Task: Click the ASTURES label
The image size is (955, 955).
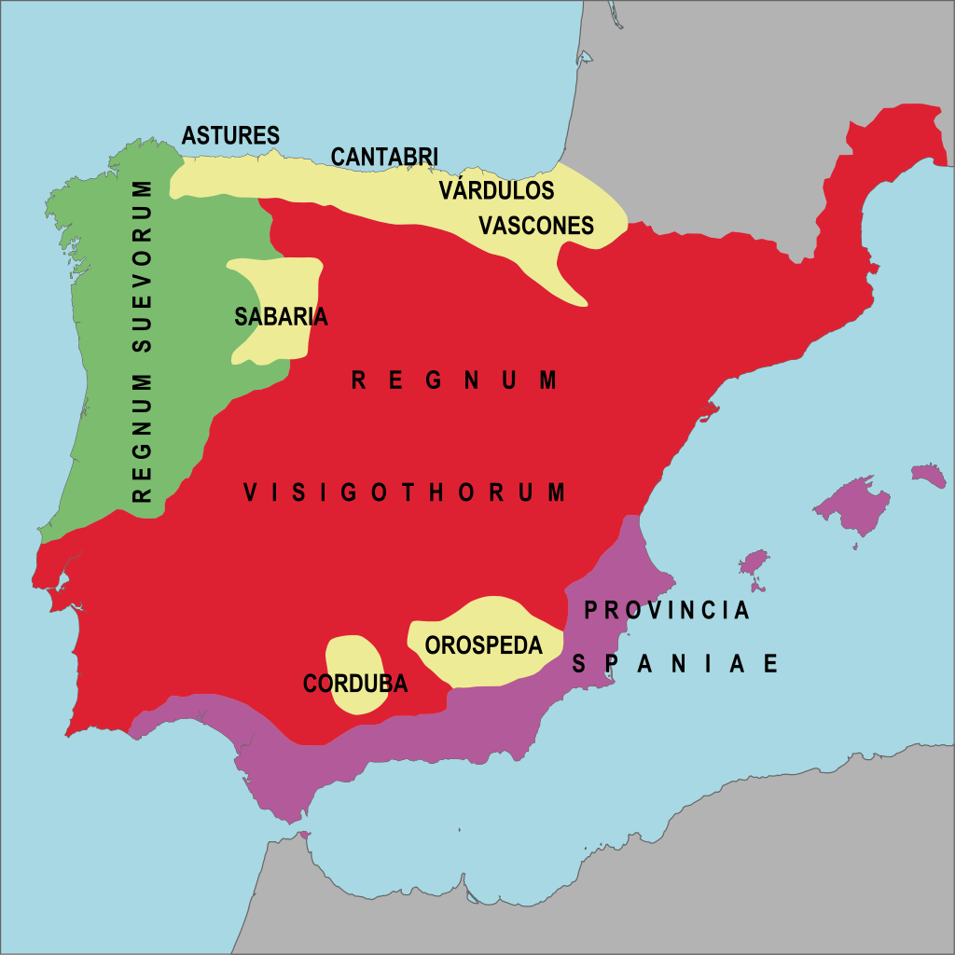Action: (x=230, y=135)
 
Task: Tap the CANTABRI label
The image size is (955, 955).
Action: (x=384, y=157)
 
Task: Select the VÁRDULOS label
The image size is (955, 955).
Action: (x=496, y=191)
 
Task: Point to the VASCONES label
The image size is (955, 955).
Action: (x=536, y=226)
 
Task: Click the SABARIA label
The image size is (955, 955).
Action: (x=281, y=316)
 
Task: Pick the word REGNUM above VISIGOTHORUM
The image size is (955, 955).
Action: (x=454, y=381)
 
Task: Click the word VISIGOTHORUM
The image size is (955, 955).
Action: (x=405, y=493)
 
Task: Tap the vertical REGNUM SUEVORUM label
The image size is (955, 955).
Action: (x=142, y=342)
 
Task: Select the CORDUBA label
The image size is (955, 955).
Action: (x=355, y=684)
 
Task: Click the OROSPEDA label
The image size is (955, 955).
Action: (x=483, y=644)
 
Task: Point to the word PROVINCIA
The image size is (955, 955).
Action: (x=666, y=610)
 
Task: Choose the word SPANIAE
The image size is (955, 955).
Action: (x=675, y=664)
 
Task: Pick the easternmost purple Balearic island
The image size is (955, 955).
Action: (x=928, y=475)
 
